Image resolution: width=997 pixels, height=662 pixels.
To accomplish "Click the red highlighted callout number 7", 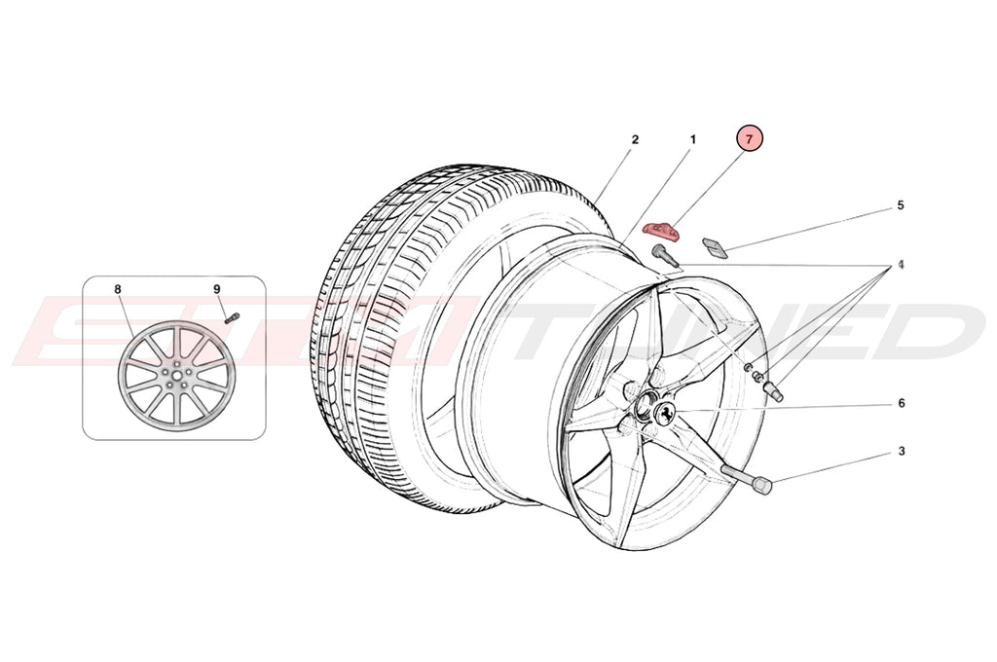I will (749, 139).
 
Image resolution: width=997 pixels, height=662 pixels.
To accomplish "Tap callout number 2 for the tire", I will (635, 139).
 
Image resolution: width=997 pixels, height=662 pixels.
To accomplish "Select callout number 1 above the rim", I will (693, 139).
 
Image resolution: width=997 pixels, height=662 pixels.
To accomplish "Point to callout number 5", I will (901, 205).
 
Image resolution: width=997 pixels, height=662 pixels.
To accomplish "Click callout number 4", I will (901, 264).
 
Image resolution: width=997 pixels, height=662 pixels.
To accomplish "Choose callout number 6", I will (901, 403).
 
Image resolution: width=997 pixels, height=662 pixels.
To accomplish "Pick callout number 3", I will (901, 451).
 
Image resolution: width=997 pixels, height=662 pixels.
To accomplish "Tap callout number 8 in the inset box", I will (118, 289).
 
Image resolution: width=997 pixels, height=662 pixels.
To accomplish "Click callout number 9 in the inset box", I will (217, 289).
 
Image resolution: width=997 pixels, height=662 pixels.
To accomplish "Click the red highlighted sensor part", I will (662, 231).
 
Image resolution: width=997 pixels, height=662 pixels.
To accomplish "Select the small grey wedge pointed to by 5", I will (716, 247).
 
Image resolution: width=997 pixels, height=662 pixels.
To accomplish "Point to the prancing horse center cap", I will (665, 413).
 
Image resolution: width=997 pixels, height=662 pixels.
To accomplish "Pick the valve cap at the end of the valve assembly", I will (777, 392).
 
